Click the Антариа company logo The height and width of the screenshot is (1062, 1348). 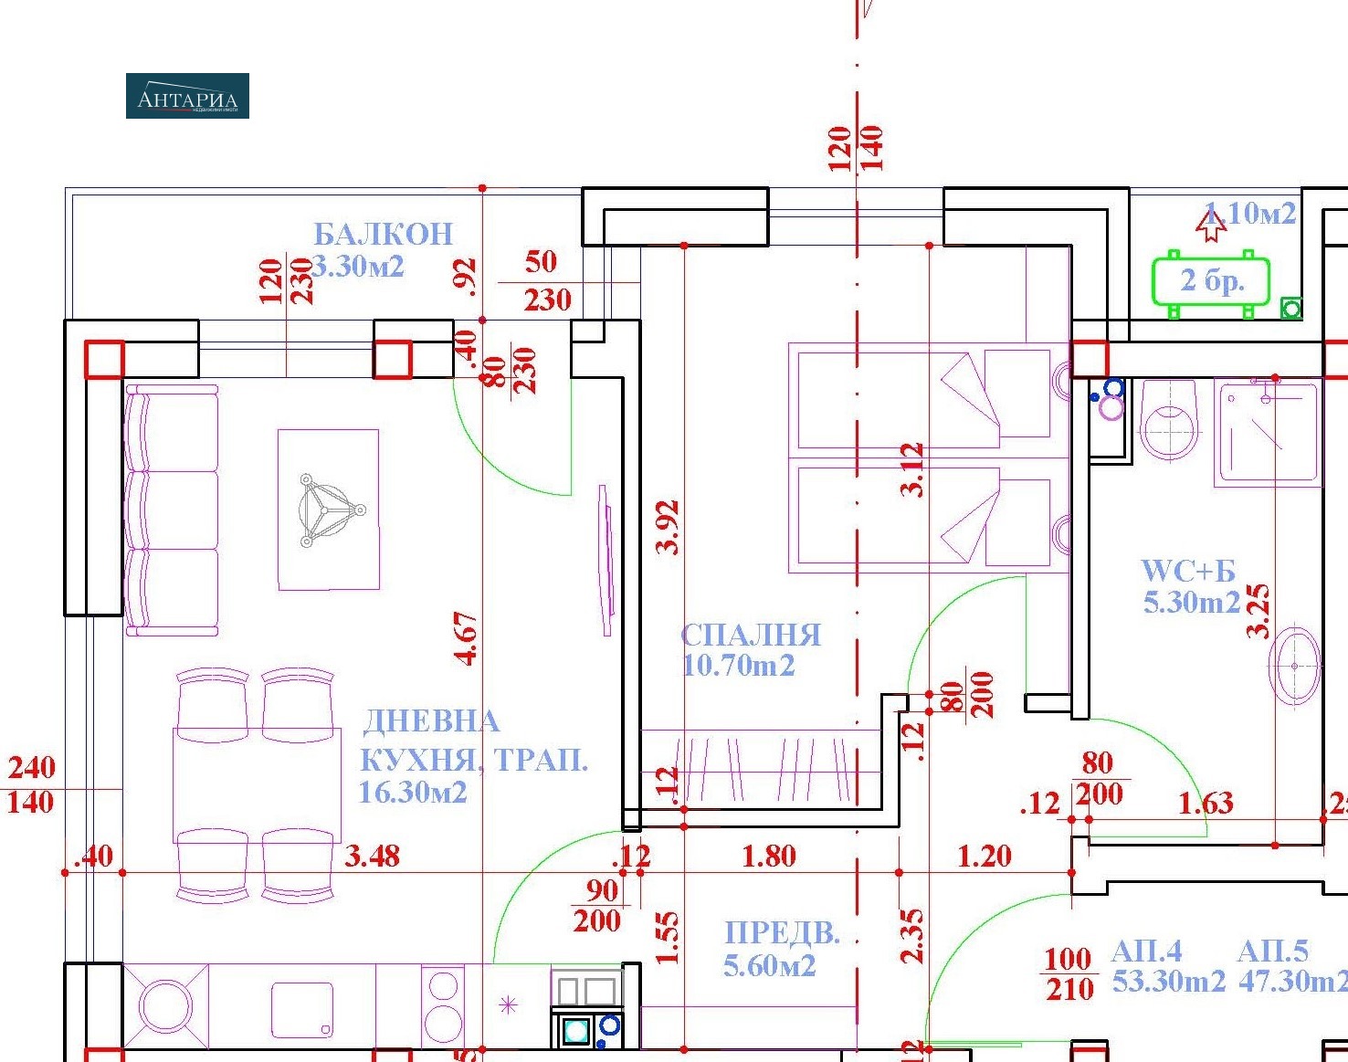click(187, 96)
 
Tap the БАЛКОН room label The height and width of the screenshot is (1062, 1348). click(383, 234)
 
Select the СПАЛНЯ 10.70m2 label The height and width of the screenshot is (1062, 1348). click(750, 649)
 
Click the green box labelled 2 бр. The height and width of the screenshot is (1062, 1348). click(1211, 281)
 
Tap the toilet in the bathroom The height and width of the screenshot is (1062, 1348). click(1170, 421)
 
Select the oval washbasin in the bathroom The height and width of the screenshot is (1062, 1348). click(1294, 667)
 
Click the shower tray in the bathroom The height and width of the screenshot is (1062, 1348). click(1267, 434)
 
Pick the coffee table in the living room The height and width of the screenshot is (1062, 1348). click(328, 510)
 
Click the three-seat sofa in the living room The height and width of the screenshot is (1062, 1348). click(172, 510)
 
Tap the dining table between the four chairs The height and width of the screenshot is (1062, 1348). click(257, 784)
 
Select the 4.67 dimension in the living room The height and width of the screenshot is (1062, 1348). click(467, 638)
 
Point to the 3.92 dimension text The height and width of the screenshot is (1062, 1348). click(669, 527)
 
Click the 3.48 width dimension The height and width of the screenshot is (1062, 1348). click(372, 857)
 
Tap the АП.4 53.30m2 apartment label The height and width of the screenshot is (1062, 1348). click(1167, 966)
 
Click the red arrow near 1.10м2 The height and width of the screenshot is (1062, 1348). click(1212, 226)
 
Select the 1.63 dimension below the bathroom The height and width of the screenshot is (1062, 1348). click(1206, 804)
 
